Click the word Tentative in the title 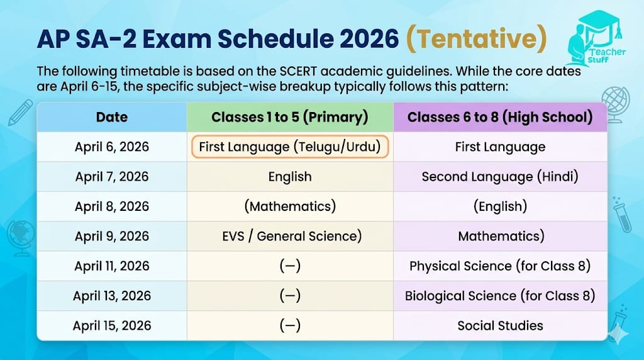click(x=477, y=38)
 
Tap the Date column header click(x=112, y=117)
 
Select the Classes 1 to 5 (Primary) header click(x=290, y=117)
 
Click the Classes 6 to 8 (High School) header click(x=500, y=117)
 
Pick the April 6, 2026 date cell click(x=112, y=147)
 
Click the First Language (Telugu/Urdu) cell click(x=290, y=147)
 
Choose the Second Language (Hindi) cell click(x=500, y=177)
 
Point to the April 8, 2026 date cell click(x=112, y=206)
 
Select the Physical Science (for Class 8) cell click(x=500, y=266)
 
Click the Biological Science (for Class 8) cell click(x=500, y=296)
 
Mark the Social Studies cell click(x=500, y=325)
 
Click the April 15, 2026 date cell click(x=112, y=325)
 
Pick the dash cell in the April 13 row click(x=290, y=296)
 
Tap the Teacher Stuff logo click(x=597, y=38)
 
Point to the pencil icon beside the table click(x=20, y=112)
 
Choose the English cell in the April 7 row click(x=290, y=177)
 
